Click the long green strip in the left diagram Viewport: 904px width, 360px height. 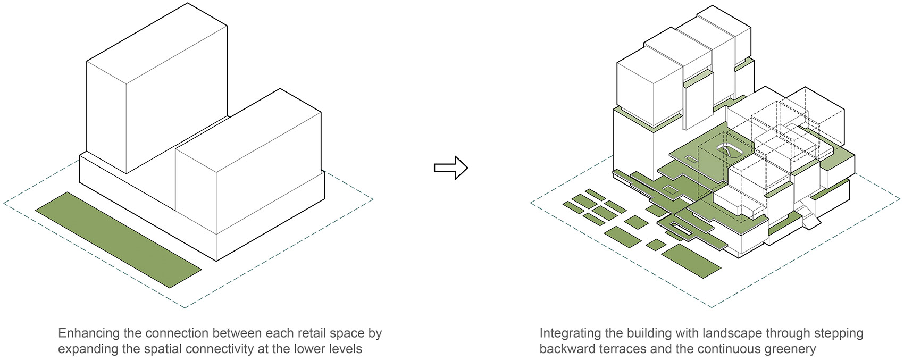tap(118, 239)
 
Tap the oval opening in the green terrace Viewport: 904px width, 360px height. tap(729, 151)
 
